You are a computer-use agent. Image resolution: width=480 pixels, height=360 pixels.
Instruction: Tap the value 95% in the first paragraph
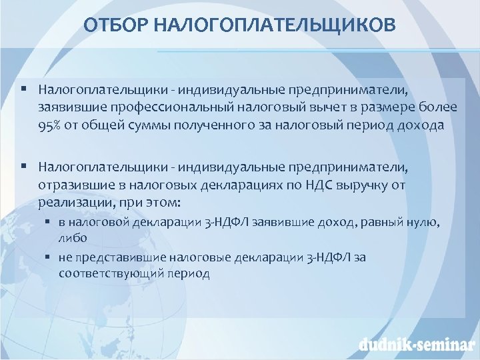(x=51, y=127)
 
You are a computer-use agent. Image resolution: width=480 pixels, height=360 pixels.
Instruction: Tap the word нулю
(x=420, y=223)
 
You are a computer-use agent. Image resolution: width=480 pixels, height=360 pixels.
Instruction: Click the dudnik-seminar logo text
(x=414, y=344)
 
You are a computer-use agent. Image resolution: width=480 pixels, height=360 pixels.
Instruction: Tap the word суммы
(x=140, y=127)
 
